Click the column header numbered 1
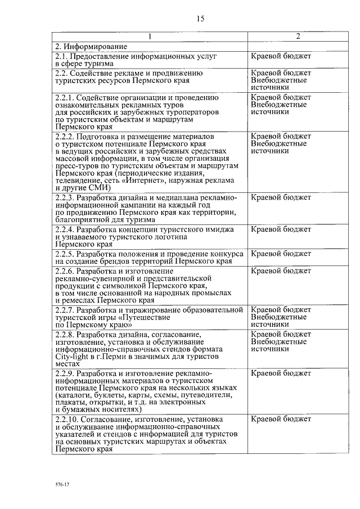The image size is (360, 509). (x=150, y=37)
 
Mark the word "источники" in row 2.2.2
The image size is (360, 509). (x=270, y=151)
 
